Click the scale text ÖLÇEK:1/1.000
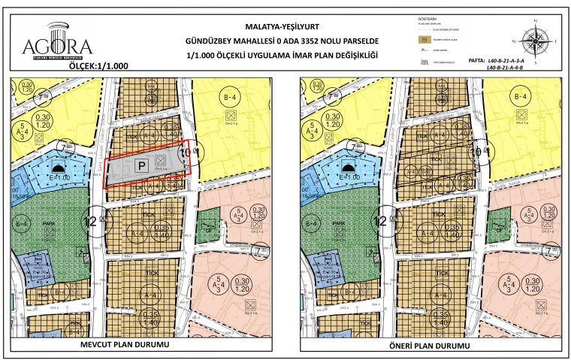coord(98,65)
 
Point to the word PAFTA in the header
coord(476,59)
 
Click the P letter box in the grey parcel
coord(140,164)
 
